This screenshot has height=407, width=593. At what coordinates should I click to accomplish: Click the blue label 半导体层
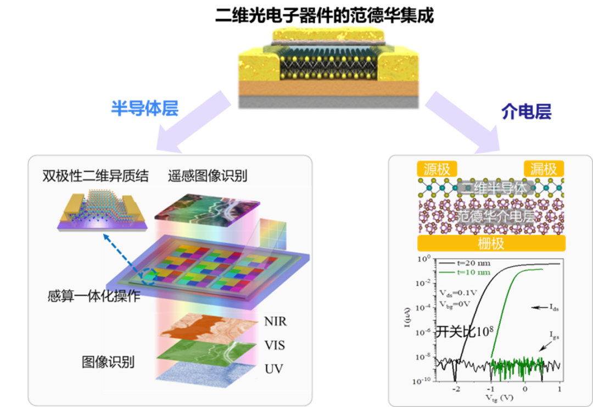(x=145, y=108)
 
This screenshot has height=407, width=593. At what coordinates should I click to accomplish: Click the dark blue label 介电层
(x=525, y=111)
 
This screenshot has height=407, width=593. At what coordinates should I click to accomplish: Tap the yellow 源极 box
(x=437, y=168)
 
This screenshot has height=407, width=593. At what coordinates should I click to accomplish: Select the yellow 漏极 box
(x=544, y=168)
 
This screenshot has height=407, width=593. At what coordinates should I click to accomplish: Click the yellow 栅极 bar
(x=491, y=243)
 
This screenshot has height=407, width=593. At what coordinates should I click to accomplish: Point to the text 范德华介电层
(x=490, y=216)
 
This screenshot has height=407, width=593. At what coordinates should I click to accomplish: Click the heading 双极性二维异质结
(x=95, y=176)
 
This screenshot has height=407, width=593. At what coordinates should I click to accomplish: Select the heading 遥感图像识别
(x=208, y=176)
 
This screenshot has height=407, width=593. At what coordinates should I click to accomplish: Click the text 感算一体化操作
(x=93, y=297)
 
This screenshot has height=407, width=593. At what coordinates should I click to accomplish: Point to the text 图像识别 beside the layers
(x=108, y=362)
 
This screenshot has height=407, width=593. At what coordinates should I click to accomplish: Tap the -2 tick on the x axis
(x=455, y=388)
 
